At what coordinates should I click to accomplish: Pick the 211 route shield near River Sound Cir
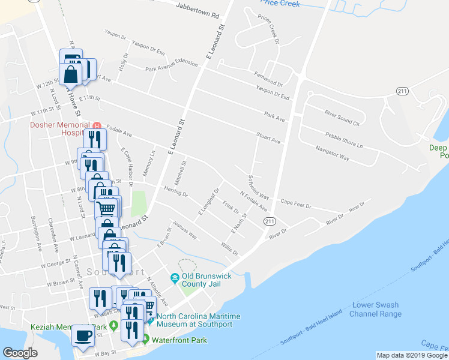(x=402, y=91)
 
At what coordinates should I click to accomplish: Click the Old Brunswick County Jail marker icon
(x=175, y=278)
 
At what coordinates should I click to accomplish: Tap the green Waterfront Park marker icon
(x=144, y=340)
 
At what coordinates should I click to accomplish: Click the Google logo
(x=20, y=353)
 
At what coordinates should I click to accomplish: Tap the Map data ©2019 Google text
(x=412, y=355)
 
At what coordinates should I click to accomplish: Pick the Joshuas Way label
(x=185, y=230)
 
